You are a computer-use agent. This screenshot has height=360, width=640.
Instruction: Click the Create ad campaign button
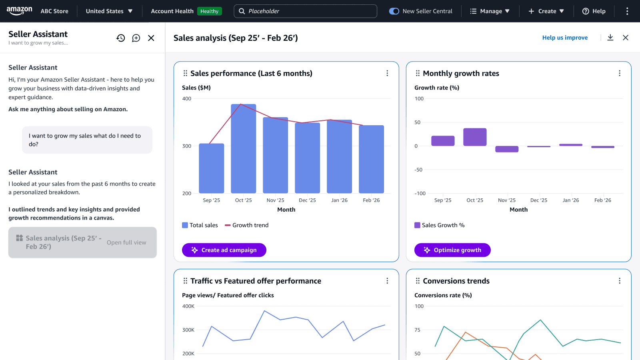tap(224, 250)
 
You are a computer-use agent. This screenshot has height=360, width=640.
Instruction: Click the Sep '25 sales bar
tap(211, 168)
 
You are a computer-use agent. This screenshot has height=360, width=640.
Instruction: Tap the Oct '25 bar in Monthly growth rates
tap(475, 137)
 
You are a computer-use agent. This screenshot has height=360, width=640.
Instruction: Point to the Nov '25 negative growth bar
tap(507, 149)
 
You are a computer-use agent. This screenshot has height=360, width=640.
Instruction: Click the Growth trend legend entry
tap(246, 225)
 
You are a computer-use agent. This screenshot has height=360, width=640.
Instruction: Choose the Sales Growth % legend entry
tap(439, 225)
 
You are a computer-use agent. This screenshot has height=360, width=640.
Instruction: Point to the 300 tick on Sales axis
tap(187, 146)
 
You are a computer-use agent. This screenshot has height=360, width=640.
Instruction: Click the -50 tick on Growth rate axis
tap(418, 170)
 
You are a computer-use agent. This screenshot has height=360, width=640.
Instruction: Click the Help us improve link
tap(565, 38)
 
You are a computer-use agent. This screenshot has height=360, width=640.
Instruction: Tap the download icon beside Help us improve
tap(610, 38)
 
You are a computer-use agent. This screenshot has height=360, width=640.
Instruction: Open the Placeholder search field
tap(305, 11)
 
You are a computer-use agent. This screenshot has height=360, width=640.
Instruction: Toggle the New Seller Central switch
tap(394, 11)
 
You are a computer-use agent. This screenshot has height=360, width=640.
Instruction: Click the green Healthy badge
tap(209, 11)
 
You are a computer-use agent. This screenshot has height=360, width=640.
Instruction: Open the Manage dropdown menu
tap(490, 11)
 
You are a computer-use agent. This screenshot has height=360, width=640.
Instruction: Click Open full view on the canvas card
tap(126, 242)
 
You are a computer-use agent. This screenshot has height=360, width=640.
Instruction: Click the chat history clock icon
tap(121, 38)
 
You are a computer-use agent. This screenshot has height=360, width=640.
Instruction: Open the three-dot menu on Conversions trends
tap(620, 281)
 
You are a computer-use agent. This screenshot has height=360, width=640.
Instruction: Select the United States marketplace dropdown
tap(109, 11)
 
